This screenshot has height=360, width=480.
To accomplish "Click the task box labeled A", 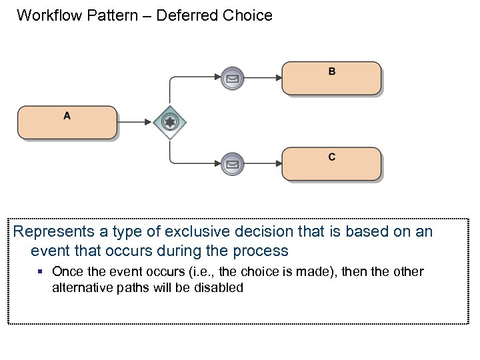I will click(x=67, y=122).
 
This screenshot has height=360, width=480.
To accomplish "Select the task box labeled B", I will click(x=331, y=79).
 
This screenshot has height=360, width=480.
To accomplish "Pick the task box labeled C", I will click(x=331, y=164).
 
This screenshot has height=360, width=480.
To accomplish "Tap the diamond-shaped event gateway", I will click(x=170, y=122).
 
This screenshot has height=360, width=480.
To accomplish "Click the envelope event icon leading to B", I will click(x=231, y=78).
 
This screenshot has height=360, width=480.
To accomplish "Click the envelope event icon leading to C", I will click(x=231, y=163).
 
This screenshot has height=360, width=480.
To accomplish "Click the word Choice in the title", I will click(x=249, y=15).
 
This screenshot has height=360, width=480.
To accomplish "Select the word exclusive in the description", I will click(x=188, y=232).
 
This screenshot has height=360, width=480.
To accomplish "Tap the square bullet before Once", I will click(x=41, y=272).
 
